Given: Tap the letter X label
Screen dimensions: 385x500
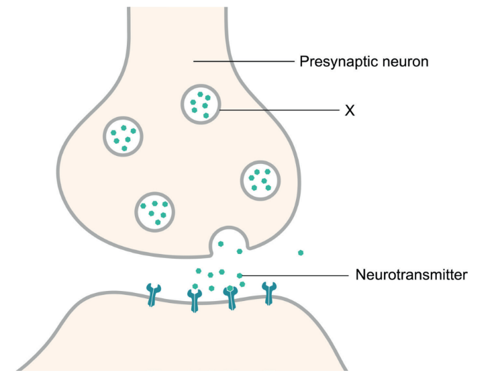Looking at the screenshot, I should pos(349,110).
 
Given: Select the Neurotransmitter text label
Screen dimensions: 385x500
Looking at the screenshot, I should pos(411,275).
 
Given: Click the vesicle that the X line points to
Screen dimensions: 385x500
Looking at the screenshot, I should pos(201,103).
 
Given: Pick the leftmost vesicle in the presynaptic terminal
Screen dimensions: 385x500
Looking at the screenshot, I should pos(122,136).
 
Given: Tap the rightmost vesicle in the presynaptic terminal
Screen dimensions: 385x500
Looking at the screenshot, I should pos(260,179).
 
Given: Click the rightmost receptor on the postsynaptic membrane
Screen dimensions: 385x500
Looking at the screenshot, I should pos(270,293).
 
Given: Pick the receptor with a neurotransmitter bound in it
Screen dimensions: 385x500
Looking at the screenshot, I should pos(232,296).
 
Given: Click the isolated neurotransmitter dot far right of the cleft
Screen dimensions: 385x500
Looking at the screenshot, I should pos(301,253).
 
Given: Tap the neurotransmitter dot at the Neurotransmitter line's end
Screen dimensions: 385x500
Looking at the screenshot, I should pos(240,275).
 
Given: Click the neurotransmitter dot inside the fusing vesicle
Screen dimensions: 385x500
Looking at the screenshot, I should pos(221,244).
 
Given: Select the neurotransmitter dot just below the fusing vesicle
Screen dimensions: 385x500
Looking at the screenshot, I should pos(239,252).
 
